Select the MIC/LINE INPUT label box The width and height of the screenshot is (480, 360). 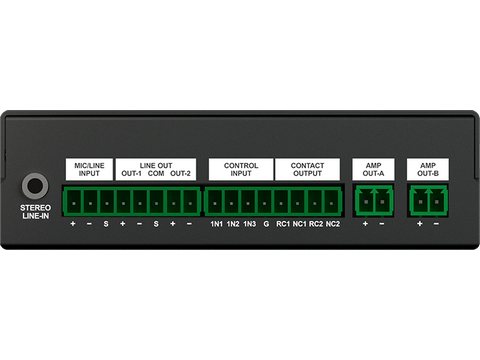click(x=89, y=168)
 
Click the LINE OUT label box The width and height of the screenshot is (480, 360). click(x=155, y=168)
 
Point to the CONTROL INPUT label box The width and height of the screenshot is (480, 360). click(x=240, y=168)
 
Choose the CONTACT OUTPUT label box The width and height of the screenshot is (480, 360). click(x=308, y=168)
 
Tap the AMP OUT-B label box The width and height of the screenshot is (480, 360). click(x=428, y=168)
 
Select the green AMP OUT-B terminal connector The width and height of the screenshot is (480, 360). click(x=428, y=200)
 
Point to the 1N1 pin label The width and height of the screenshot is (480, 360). click(x=216, y=225)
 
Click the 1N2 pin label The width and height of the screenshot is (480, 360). click(x=233, y=225)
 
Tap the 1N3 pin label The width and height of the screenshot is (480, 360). click(x=250, y=225)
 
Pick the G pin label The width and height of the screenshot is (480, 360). click(x=266, y=225)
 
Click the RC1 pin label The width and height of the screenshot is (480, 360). click(x=283, y=225)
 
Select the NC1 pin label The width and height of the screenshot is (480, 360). click(x=299, y=225)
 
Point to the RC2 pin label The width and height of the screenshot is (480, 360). click(x=316, y=225)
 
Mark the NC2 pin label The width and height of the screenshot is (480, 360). click(x=333, y=225)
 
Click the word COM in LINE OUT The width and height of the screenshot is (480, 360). click(x=156, y=174)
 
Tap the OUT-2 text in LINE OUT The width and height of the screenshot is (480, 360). click(x=181, y=174)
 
